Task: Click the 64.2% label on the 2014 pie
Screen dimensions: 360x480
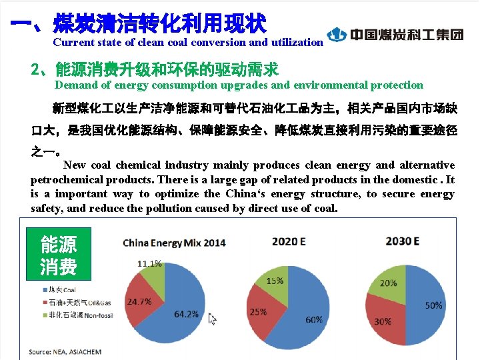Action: click(187, 313)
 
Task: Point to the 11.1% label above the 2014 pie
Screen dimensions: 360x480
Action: click(149, 263)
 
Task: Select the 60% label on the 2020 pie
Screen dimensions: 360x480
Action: click(314, 319)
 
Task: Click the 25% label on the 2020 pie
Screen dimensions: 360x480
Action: click(259, 311)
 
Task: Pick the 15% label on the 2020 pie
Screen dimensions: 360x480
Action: click(275, 281)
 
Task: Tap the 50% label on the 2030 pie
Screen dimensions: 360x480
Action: click(434, 305)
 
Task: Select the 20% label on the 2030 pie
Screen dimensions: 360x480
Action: click(388, 283)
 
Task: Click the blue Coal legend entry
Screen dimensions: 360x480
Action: click(61, 290)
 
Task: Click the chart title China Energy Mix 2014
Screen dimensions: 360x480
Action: click(174, 243)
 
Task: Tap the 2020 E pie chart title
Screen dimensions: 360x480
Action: click(288, 241)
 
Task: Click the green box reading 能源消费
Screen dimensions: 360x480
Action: click(58, 255)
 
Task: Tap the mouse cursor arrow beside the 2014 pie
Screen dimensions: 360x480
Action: click(213, 319)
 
